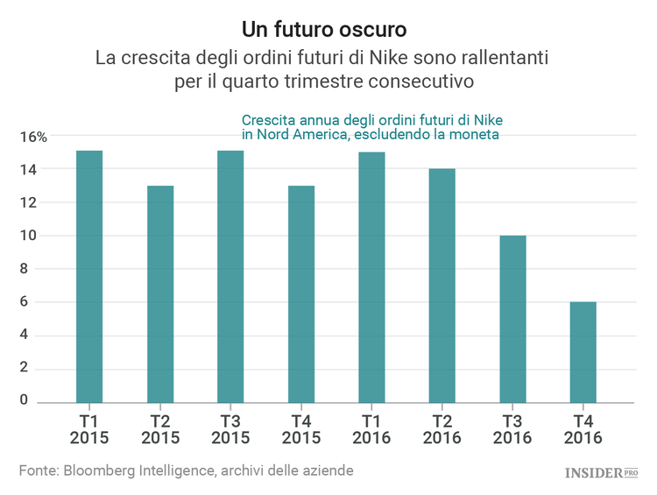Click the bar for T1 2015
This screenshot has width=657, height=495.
(x=89, y=277)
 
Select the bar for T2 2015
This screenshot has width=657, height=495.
(x=160, y=294)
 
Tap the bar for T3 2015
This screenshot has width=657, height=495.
(x=230, y=277)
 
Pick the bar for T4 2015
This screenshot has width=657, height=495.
(x=301, y=294)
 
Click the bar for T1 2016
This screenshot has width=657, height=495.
(x=371, y=278)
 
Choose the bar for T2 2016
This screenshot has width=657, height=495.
(x=442, y=286)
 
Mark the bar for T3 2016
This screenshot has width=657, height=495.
(x=512, y=319)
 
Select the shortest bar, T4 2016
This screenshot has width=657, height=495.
(x=583, y=352)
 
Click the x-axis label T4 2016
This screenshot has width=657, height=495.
(x=583, y=428)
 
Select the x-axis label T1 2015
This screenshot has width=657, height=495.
(x=89, y=428)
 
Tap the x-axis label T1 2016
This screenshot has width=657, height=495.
(x=371, y=428)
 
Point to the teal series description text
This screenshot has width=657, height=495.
(x=371, y=127)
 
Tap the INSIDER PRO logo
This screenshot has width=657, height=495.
(x=601, y=473)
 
